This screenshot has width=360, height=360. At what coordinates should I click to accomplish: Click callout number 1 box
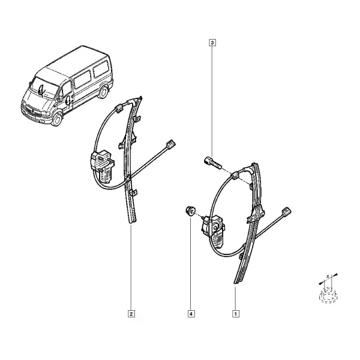click(236, 314)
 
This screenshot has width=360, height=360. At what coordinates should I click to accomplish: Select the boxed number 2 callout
click(131, 314)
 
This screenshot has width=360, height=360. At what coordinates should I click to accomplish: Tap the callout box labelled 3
click(212, 43)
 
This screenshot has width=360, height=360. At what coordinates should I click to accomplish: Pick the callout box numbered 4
click(191, 314)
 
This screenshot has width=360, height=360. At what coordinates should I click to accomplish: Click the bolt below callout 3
click(213, 163)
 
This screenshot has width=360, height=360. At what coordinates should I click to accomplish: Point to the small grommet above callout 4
click(190, 211)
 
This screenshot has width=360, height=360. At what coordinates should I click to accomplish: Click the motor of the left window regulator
click(103, 166)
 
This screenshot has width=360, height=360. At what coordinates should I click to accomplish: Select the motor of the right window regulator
click(213, 231)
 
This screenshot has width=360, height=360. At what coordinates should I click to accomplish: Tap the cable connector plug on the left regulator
click(170, 144)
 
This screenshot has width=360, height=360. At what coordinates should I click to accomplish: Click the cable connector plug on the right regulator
click(286, 212)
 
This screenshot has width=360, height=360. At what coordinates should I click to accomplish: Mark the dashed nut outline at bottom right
click(328, 296)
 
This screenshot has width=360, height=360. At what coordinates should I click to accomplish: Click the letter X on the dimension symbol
click(328, 276)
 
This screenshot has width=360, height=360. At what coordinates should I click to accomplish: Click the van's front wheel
click(56, 119)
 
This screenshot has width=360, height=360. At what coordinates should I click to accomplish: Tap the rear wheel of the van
click(103, 92)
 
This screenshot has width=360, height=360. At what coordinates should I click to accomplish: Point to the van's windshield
click(45, 88)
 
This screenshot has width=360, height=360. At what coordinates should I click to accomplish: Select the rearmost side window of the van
click(101, 68)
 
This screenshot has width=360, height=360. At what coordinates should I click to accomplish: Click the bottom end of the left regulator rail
click(132, 222)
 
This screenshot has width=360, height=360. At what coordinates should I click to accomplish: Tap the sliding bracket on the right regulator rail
click(256, 214)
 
